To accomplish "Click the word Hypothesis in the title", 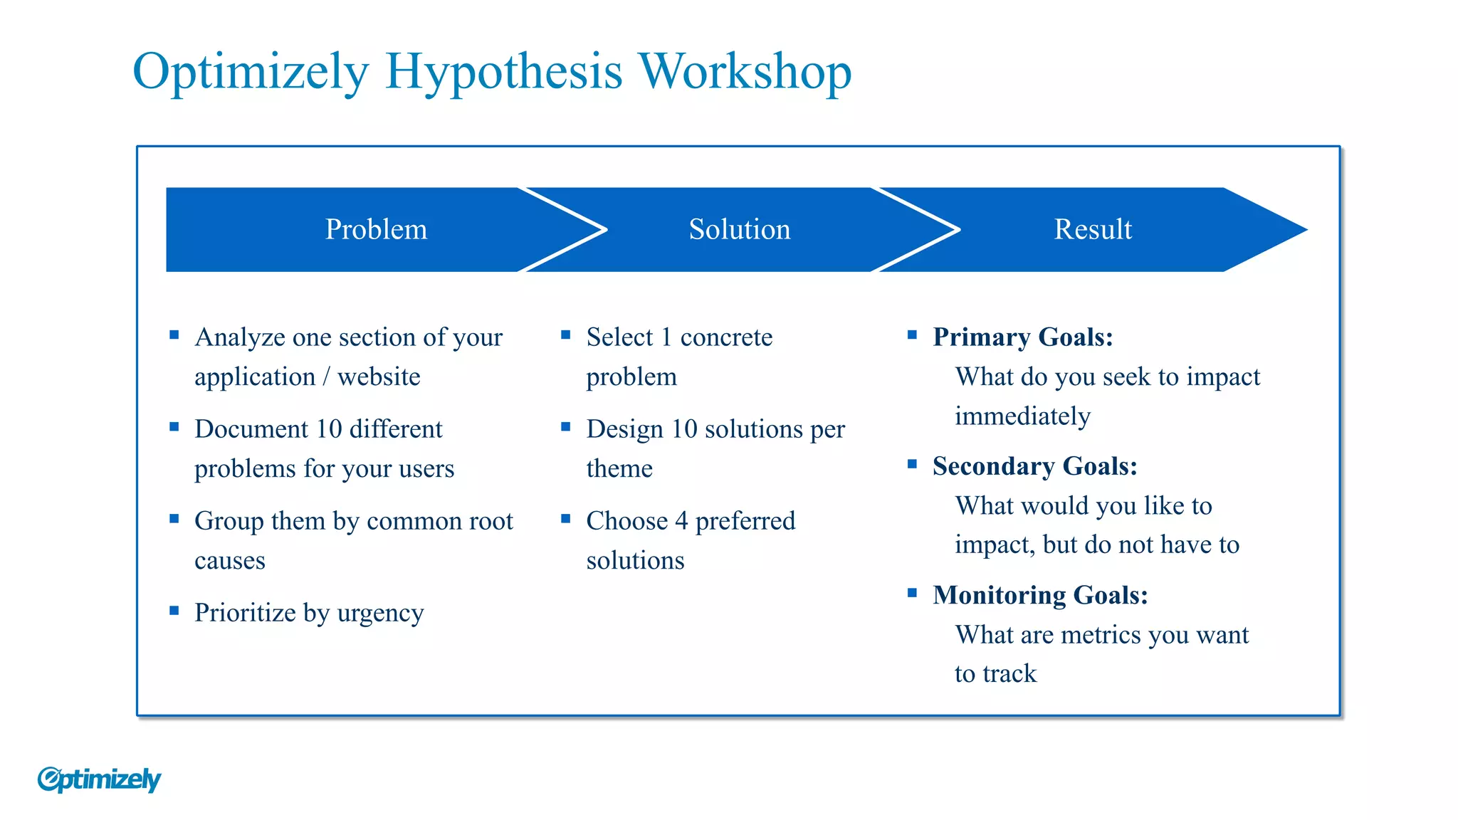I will (x=503, y=73).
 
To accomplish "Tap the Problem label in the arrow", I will (x=376, y=229).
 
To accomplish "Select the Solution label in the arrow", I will (x=739, y=229).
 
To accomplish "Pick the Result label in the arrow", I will (x=1092, y=229).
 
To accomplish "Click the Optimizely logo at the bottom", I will (x=99, y=779).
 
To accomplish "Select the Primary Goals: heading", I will (x=1022, y=337).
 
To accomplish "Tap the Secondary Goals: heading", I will (x=1034, y=466).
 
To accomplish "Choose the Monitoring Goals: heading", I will (x=1040, y=595).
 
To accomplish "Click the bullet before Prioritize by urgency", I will (x=174, y=610).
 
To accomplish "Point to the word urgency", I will (x=380, y=613).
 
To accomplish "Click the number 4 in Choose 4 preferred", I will (x=681, y=521).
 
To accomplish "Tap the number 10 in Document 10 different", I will (x=329, y=429).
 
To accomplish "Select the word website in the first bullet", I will (x=379, y=377).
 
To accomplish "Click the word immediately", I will (x=1022, y=416).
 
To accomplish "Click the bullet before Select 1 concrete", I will (x=566, y=335).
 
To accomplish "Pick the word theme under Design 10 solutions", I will (x=619, y=468).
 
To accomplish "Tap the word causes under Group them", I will (x=230, y=561).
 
